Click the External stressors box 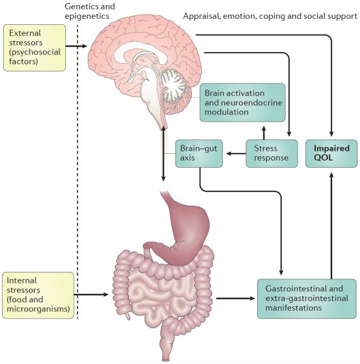34,48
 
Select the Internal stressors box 38,296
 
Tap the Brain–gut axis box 199,153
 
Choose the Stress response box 272,153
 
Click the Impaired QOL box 331,153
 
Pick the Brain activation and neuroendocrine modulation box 243,102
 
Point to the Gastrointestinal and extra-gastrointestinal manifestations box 307,299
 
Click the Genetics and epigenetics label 90,11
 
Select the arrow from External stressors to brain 76,46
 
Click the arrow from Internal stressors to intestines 91,294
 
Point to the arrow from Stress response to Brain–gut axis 236,153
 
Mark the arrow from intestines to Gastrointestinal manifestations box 235,299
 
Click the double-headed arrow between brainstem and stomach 163,153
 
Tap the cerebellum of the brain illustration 174,85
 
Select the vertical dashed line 77,171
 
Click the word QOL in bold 323,157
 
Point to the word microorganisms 38,309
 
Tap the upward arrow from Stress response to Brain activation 264,133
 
